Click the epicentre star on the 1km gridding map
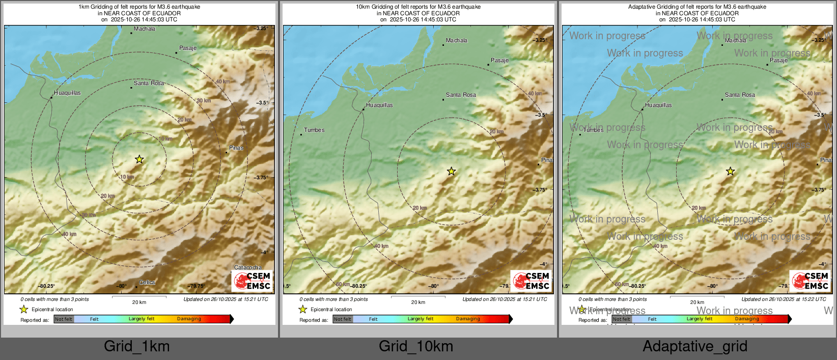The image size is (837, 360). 139,159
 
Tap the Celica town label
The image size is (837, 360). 147,283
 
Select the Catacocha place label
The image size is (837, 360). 248,267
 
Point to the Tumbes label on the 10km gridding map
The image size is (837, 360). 314,130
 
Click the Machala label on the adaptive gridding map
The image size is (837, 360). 736,41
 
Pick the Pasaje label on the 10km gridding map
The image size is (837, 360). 499,60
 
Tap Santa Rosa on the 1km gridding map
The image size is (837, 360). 149,83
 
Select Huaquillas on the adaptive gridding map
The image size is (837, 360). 658,105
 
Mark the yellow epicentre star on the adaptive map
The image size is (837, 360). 730,171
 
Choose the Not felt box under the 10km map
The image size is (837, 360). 343,319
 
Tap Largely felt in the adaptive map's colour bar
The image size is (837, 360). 700,319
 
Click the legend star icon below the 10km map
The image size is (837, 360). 303,309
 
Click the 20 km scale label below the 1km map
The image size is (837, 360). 139,302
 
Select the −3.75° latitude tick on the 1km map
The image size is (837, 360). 261,178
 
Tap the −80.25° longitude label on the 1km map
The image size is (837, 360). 47,286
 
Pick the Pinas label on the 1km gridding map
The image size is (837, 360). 236,148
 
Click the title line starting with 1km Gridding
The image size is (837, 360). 139,7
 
